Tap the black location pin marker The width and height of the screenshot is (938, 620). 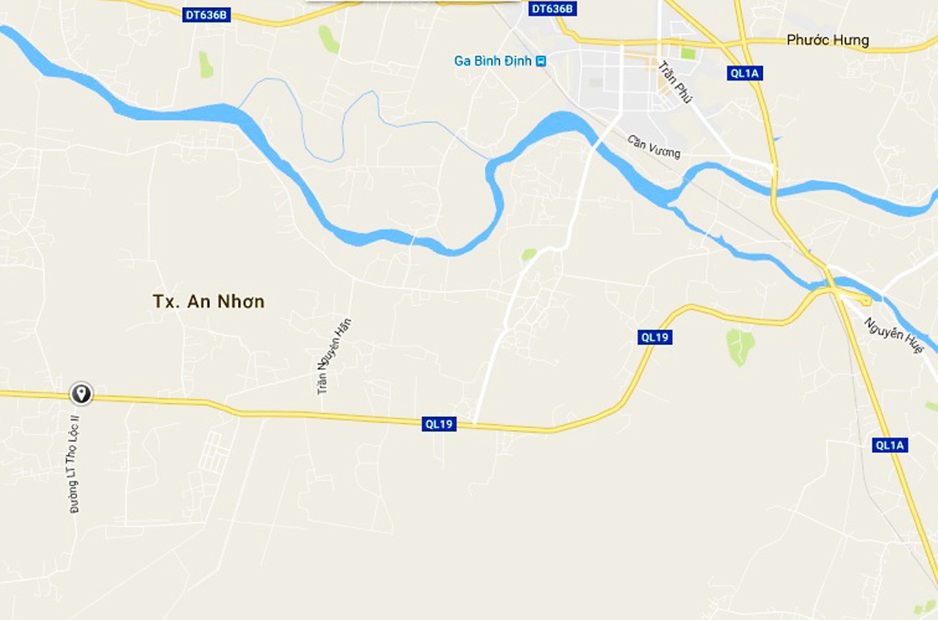coord(81,393)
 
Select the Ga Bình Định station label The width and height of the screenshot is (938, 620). coord(492,61)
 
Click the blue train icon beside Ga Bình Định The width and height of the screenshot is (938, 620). coord(541,61)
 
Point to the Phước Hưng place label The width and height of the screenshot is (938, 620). coord(827,41)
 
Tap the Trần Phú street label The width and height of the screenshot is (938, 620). coord(671,84)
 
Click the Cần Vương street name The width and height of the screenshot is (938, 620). coord(654,146)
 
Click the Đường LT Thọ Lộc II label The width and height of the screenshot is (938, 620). coord(76,464)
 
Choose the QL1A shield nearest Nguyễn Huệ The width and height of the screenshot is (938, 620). coord(890,445)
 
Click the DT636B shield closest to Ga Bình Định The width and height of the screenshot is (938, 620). coord(552,9)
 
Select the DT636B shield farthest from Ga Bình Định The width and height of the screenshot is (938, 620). coord(207,15)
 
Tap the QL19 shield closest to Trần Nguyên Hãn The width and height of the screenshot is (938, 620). coord(439,424)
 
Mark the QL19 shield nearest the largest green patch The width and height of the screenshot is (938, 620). coord(654,337)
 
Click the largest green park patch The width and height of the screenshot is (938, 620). coord(740,346)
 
